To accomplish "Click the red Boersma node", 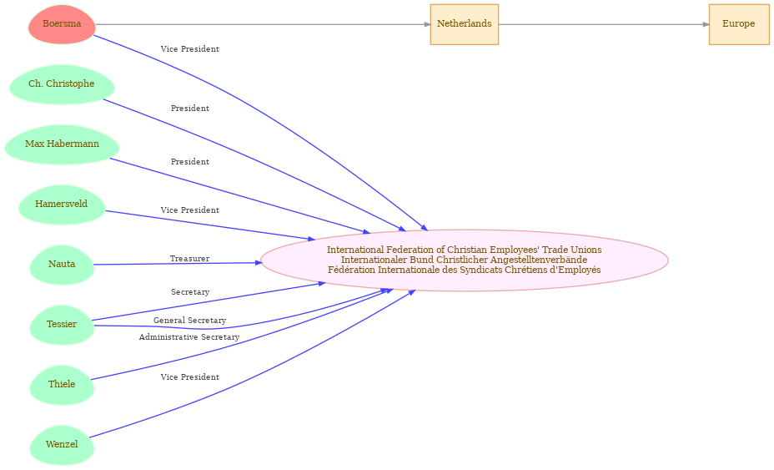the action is pos(62,24).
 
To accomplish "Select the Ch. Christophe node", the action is pos(62,84).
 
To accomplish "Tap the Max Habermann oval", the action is pos(62,144).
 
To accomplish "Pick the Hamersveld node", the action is pos(62,205).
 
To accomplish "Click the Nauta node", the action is pos(62,265).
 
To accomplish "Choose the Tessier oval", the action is pos(62,325).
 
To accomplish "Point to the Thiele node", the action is pos(62,385).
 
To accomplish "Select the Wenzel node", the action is pos(62,445).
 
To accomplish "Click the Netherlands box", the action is pos(464,24).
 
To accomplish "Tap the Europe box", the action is pos(739,24).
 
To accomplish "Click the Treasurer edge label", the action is pos(189,259).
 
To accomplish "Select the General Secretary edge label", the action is pos(189,321).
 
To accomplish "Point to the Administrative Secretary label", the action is pos(189,337).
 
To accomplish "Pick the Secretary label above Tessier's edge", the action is pos(190,292).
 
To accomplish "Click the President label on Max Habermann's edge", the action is pos(190,162).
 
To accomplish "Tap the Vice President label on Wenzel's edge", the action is pos(190,377).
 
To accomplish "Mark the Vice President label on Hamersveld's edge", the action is pos(190,210).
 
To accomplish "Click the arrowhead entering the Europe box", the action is pos(706,24).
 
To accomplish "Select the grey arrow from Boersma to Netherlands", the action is pos(263,24).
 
